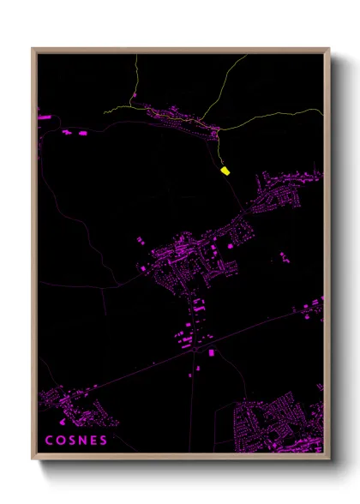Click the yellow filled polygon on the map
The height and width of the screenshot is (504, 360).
[225, 171]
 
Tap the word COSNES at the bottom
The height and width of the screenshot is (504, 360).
[77, 441]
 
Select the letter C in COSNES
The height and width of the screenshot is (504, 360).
[49, 441]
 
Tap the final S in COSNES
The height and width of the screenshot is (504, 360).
[105, 441]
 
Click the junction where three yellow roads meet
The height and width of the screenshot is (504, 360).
[218, 129]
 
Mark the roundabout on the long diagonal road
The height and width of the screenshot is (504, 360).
[191, 352]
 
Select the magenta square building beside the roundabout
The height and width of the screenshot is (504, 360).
[211, 351]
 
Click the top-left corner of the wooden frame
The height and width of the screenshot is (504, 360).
[33, 49]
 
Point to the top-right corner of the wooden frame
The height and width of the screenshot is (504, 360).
[329, 49]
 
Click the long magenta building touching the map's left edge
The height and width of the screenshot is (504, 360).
[39, 114]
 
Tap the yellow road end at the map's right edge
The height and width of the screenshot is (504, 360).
[322, 110]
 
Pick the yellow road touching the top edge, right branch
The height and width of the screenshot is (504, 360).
[246, 57]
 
